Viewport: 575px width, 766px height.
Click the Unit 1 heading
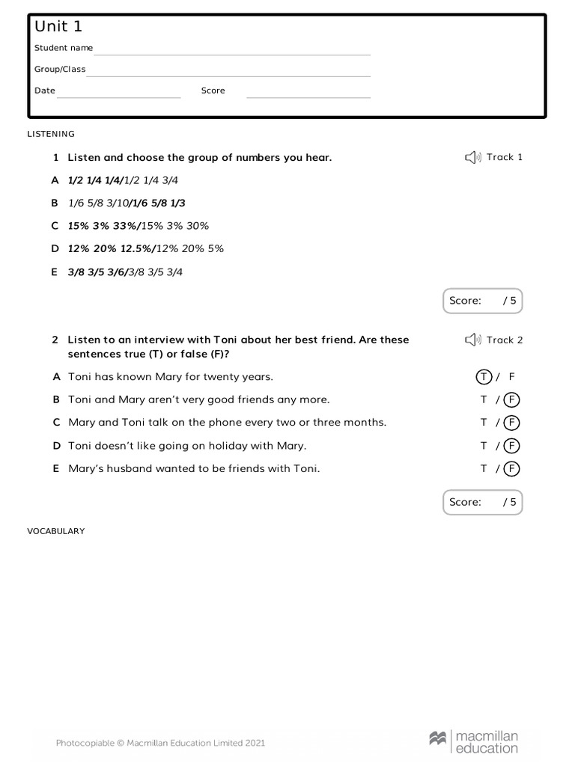click(58, 27)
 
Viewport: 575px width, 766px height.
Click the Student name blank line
click(232, 54)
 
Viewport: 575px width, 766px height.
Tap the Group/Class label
click(60, 70)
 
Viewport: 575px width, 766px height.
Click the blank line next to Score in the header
click(308, 96)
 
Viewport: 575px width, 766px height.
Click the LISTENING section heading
click(51, 134)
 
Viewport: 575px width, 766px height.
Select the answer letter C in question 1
click(55, 226)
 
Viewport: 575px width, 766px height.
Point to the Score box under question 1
click(482, 301)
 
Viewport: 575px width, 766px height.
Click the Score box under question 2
click(482, 502)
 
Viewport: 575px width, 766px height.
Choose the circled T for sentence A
click(484, 377)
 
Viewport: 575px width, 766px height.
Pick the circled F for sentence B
click(512, 399)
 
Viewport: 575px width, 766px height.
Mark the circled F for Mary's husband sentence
click(512, 469)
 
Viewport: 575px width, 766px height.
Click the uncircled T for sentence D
click(484, 446)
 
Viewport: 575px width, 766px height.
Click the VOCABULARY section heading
click(56, 531)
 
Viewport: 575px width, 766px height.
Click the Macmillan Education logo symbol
click(438, 738)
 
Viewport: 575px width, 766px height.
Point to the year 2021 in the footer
click(255, 743)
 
